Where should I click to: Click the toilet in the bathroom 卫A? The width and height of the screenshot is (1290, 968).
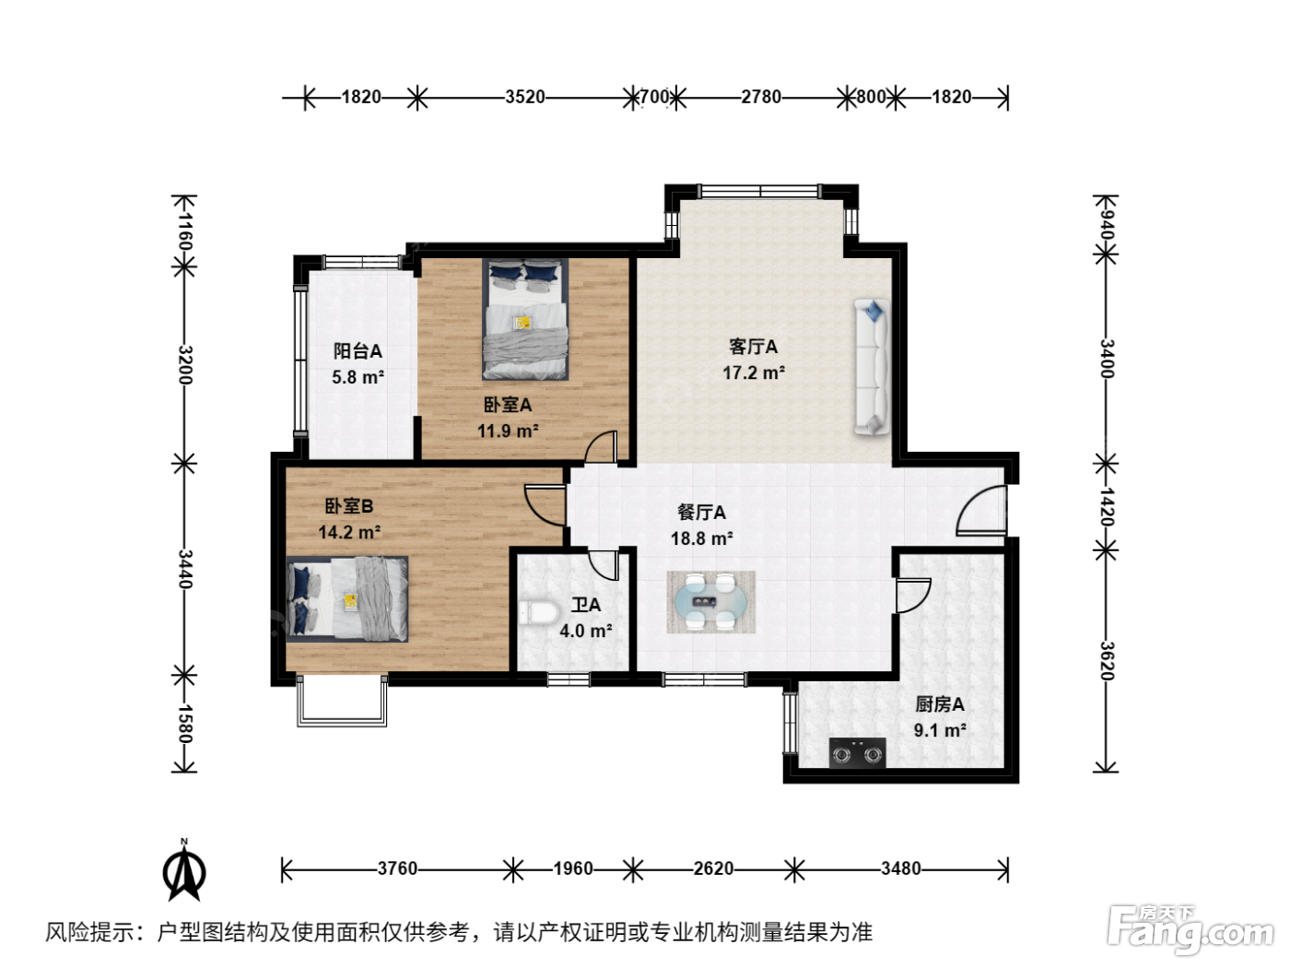[538, 613]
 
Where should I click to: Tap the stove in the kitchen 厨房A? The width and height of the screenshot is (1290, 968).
[857, 752]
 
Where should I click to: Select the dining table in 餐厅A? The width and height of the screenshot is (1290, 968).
[710, 602]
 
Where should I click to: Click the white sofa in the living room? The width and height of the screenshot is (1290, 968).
[872, 367]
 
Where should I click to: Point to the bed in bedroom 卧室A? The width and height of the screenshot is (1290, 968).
[525, 319]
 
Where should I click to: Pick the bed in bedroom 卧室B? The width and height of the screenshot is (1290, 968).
[347, 599]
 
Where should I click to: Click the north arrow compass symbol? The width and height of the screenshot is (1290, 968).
[184, 870]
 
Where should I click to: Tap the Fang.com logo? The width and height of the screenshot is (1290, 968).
[1190, 929]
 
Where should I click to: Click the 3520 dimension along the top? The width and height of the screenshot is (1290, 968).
[525, 97]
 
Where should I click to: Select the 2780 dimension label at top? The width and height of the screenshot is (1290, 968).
[761, 97]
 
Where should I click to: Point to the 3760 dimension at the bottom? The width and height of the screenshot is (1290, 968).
[397, 868]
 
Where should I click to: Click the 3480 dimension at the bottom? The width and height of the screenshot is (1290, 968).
[901, 868]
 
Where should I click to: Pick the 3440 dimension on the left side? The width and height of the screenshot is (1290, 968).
[185, 569]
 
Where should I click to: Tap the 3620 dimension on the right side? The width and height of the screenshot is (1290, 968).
[1107, 661]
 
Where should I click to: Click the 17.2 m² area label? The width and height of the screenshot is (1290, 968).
[754, 372]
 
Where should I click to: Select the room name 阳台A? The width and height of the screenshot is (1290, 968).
[358, 351]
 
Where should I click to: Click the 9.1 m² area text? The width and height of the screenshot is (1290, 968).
[940, 730]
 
